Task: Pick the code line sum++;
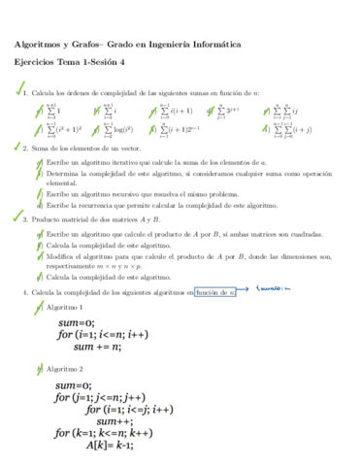(115, 419)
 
